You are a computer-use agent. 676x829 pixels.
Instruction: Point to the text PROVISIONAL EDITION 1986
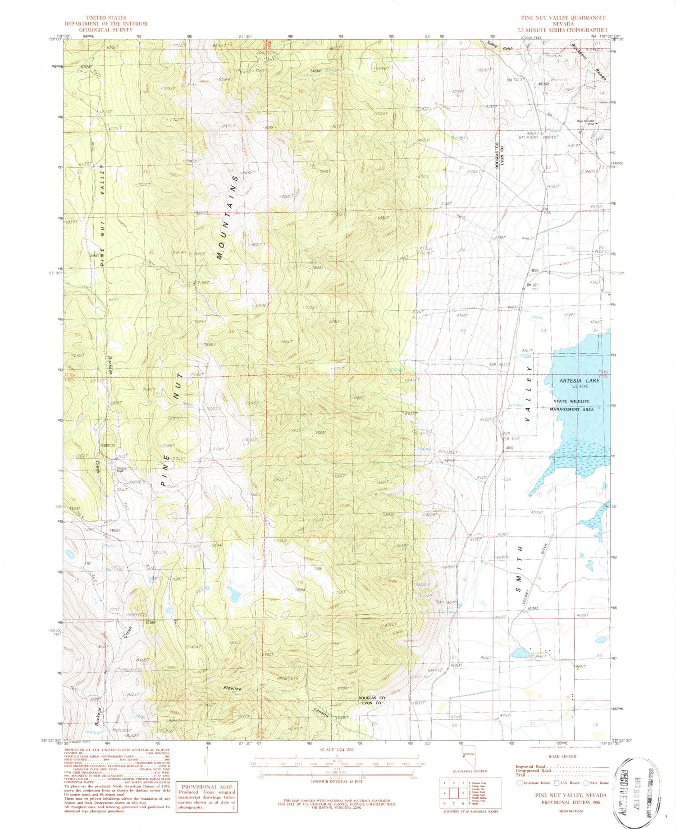click(x=570, y=801)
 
